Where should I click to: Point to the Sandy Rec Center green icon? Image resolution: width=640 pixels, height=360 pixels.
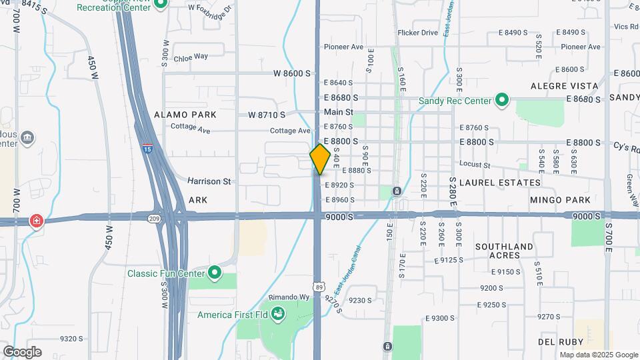[x=503, y=101]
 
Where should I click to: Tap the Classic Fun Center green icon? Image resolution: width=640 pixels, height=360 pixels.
[x=214, y=272]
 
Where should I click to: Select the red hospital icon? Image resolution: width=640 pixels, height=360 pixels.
[x=36, y=221]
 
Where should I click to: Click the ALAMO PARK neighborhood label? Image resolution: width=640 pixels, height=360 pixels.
[x=185, y=115]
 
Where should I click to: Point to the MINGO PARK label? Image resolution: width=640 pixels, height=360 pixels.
[x=560, y=199]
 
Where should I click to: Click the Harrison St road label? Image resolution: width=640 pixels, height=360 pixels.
[x=209, y=181]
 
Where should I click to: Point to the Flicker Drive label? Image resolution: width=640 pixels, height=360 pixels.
[x=417, y=32]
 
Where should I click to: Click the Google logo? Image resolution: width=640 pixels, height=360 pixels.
[x=21, y=351]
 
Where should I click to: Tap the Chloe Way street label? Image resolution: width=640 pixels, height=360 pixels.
[x=191, y=58]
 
